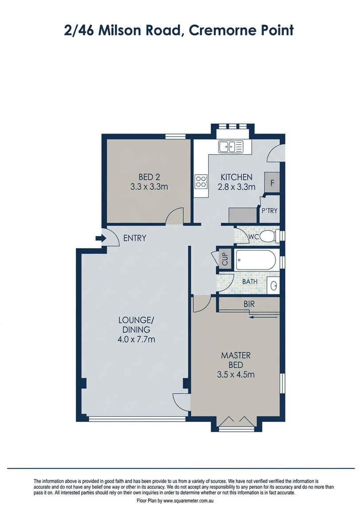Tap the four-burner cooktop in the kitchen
coord(201,181)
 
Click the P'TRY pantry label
coord(269,211)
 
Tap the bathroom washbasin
coord(274,285)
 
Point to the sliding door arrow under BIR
coord(264,317)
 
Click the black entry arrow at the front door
coord(100,239)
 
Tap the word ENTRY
coord(134,238)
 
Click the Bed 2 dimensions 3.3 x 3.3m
coord(149,187)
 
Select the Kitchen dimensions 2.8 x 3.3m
coord(237,187)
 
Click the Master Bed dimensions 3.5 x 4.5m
coord(236,375)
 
